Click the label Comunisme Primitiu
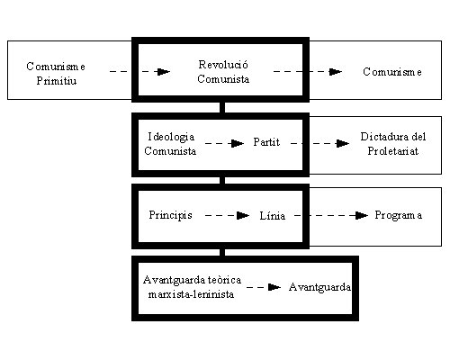[x=56, y=74]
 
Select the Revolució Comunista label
[x=223, y=72]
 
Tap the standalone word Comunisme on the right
[x=392, y=72]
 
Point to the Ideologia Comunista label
[x=170, y=143]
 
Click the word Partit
[x=266, y=142]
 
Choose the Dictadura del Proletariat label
[x=393, y=143]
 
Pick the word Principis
[x=170, y=215]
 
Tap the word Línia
[x=273, y=215]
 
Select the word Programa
[x=399, y=215]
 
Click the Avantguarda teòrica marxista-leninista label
[x=192, y=287]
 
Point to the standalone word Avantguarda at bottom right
[x=319, y=287]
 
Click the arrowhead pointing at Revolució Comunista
[x=163, y=72]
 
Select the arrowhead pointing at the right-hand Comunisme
[x=336, y=72]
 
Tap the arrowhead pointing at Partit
[x=238, y=143]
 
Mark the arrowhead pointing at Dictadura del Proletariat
[x=343, y=143]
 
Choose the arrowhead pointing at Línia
[x=243, y=215]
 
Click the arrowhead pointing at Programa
[x=362, y=215]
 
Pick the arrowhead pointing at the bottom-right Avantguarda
[x=274, y=287]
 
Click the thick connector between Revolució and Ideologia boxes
[x=222, y=107]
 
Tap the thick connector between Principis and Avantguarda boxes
[x=222, y=252]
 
